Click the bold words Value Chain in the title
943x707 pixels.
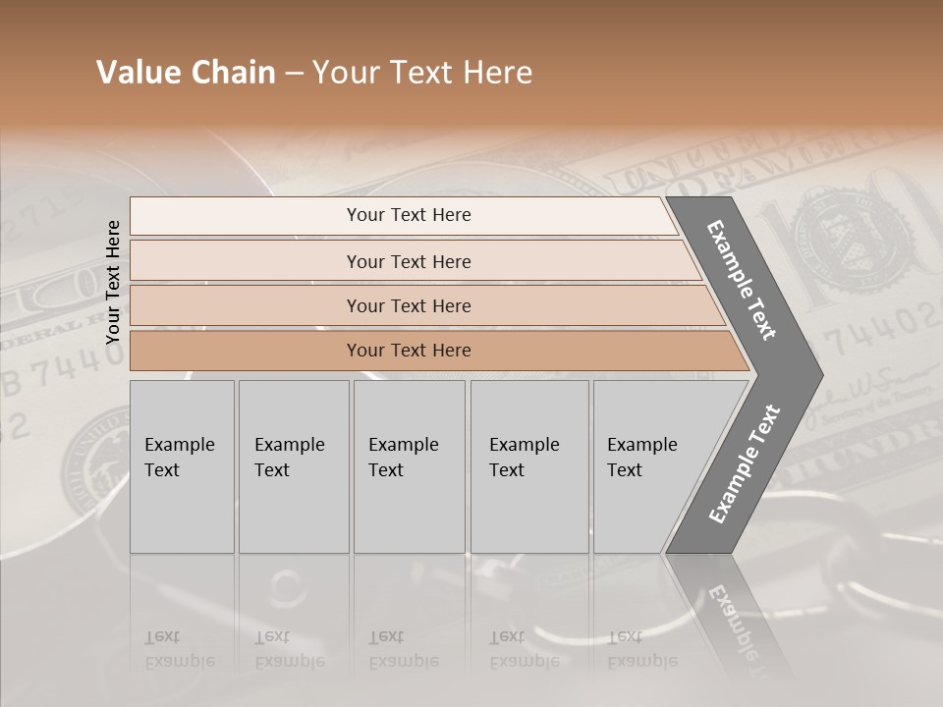[x=186, y=73]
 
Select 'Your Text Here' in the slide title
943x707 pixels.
[x=422, y=73]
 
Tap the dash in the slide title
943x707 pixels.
[x=294, y=74]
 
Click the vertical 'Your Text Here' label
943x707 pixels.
[x=113, y=282]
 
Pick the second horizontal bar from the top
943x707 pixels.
[x=409, y=261]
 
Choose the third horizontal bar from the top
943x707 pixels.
[x=409, y=305]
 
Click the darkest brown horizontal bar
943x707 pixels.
[x=409, y=351]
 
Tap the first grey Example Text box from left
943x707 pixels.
[x=182, y=466]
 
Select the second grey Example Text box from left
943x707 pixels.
[x=294, y=466]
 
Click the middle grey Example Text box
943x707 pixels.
[x=409, y=466]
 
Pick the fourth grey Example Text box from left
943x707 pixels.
[x=529, y=466]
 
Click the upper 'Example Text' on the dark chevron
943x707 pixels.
[x=742, y=280]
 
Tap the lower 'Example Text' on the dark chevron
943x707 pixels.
[x=744, y=463]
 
